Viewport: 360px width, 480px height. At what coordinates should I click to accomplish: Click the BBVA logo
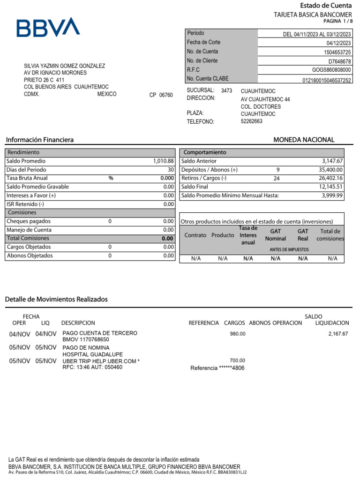tap(48, 28)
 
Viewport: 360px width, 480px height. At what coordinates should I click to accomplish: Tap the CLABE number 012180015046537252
tap(326, 80)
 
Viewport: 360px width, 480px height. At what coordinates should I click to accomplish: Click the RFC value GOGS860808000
tap(331, 70)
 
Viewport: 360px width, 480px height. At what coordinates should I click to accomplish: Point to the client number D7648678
tap(339, 61)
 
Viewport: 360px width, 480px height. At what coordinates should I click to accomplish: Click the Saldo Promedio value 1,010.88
tap(163, 161)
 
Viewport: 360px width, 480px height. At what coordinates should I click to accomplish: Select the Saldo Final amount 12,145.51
tap(331, 187)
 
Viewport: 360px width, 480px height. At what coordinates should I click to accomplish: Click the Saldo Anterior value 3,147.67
tap(332, 161)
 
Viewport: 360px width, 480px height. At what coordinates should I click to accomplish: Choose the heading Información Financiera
tap(39, 140)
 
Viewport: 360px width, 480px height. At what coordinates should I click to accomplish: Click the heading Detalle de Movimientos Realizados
tap(56, 299)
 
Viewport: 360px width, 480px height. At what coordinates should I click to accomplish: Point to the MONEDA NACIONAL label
tap(304, 140)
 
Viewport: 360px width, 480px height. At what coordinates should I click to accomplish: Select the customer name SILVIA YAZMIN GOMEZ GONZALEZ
tap(64, 66)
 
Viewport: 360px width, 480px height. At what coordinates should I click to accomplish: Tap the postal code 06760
tap(166, 95)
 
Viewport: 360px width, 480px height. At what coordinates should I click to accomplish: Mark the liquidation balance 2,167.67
tap(338, 334)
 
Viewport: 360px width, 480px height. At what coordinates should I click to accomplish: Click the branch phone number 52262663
tap(252, 121)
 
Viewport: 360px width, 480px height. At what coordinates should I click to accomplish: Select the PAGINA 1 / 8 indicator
tap(337, 22)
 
